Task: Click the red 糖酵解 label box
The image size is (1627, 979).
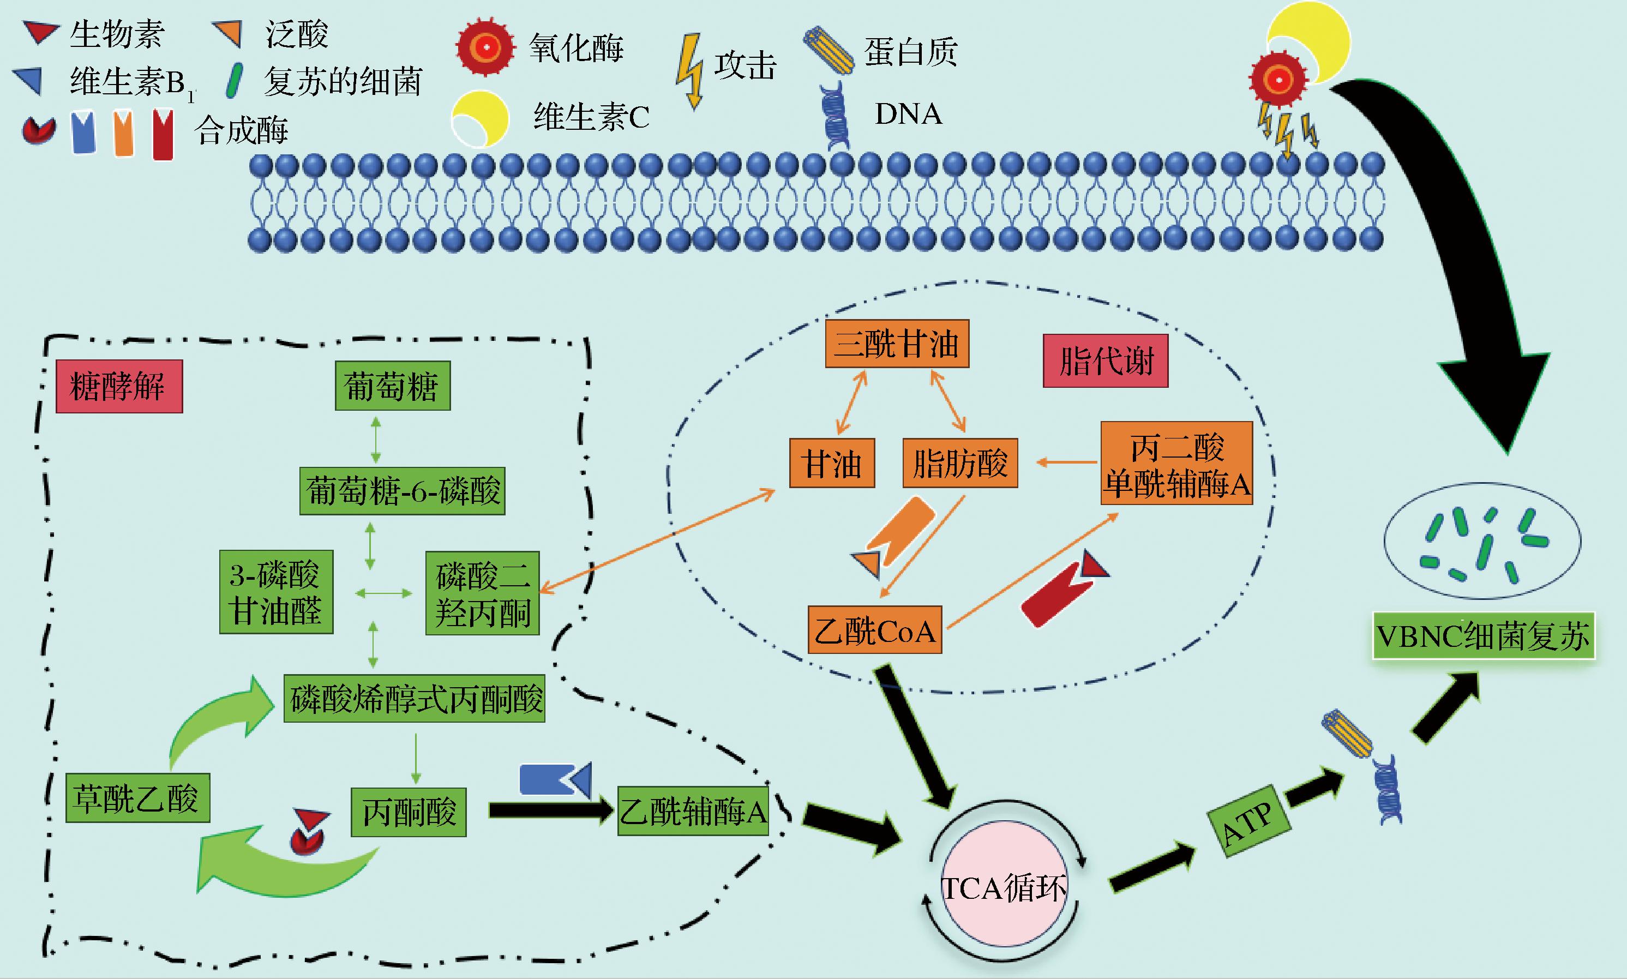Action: [119, 387]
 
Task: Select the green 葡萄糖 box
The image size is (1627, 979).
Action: [393, 386]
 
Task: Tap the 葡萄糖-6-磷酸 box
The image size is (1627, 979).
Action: [403, 491]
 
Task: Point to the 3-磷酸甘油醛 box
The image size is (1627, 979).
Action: [276, 592]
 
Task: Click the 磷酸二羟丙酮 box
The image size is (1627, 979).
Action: [482, 593]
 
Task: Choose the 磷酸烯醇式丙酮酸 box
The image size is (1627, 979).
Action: [415, 698]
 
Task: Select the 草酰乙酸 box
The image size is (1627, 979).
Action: [137, 797]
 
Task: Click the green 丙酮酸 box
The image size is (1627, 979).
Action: [409, 812]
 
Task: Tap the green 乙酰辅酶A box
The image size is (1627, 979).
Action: [693, 811]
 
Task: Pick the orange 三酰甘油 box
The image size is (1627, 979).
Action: [897, 344]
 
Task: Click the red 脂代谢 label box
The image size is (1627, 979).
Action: [1105, 361]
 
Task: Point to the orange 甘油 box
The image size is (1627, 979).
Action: [832, 463]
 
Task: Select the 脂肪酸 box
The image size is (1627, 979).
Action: [960, 463]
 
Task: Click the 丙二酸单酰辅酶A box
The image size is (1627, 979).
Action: [1176, 463]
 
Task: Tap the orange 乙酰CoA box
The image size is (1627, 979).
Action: [875, 630]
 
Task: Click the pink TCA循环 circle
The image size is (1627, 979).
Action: [1003, 887]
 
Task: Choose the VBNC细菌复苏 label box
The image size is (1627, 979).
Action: [1483, 636]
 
